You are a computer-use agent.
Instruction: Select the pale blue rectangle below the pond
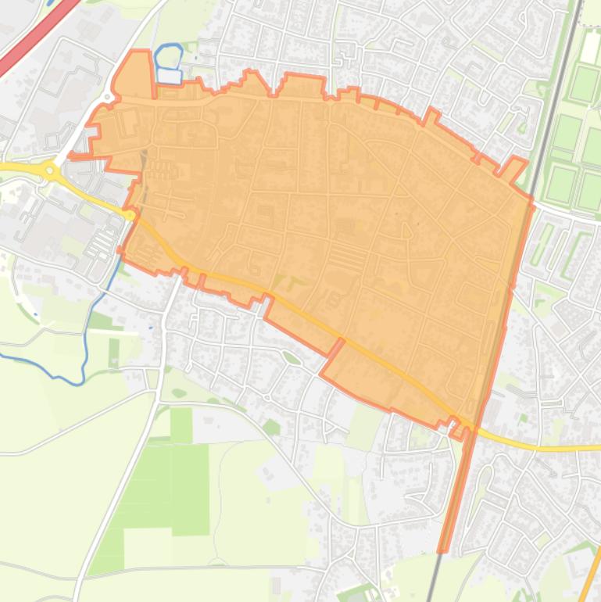point(169,76)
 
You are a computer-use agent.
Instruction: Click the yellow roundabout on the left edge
point(50,169)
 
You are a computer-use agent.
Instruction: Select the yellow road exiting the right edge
point(563,449)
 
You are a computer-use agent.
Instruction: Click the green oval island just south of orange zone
point(292,358)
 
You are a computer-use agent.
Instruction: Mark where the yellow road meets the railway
point(474,428)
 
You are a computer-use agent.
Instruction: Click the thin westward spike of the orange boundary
point(78,156)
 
